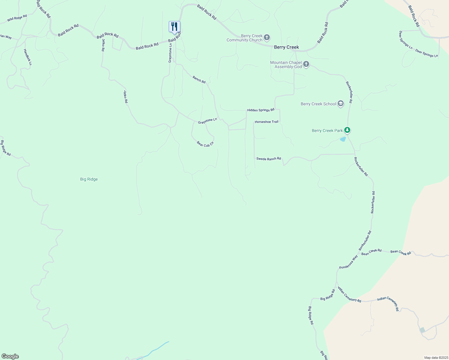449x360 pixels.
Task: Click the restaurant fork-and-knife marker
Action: (174, 27)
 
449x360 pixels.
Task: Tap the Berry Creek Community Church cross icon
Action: (267, 38)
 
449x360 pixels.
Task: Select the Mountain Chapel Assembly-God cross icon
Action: (306, 64)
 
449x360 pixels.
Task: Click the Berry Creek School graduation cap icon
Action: (340, 104)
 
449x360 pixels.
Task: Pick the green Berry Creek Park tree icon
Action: (347, 130)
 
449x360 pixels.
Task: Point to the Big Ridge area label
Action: (89, 179)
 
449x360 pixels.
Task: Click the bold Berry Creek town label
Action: (286, 47)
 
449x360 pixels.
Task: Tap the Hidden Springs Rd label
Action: (261, 110)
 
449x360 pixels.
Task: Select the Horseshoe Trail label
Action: (267, 122)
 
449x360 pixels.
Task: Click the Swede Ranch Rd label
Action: (269, 159)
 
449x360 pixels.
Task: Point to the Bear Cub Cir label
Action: (205, 144)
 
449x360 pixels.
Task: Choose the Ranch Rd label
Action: (199, 80)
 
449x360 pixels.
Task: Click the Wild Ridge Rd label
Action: (17, 18)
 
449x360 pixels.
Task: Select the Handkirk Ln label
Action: (27, 57)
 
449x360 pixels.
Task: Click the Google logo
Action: (10, 356)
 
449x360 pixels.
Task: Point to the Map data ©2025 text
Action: (436, 358)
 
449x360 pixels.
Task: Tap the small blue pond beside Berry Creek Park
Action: (343, 139)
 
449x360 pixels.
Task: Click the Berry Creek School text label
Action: (318, 104)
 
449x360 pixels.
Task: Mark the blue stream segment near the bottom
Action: (156, 349)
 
